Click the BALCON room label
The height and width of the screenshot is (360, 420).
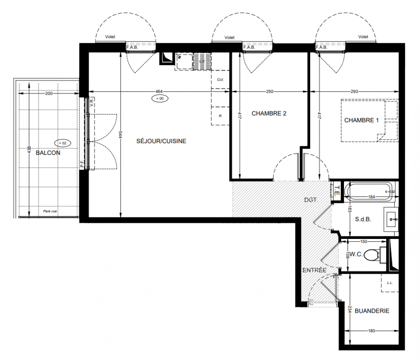[48, 153]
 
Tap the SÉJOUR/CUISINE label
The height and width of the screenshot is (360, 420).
[161, 141]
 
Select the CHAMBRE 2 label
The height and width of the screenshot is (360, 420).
[269, 113]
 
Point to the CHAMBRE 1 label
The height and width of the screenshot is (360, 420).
[361, 120]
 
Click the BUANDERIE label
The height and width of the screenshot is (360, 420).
[372, 310]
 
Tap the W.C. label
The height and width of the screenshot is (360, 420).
[356, 254]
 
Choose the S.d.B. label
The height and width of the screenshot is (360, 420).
[363, 219]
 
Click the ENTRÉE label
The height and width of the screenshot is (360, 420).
[315, 270]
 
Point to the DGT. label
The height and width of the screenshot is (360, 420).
[311, 200]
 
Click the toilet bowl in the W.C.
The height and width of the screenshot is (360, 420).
[372, 255]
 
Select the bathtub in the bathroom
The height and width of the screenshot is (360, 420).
[369, 191]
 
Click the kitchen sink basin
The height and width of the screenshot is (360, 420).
[184, 61]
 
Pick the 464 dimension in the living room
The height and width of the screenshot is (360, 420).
[159, 92]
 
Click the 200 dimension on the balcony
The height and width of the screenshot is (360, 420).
[49, 94]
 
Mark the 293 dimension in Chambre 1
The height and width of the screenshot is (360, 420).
[354, 92]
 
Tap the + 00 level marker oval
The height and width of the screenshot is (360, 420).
[160, 99]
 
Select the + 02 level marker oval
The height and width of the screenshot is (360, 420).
[63, 143]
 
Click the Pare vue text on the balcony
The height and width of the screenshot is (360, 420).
[50, 211]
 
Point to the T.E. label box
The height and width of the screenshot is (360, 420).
[337, 191]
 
